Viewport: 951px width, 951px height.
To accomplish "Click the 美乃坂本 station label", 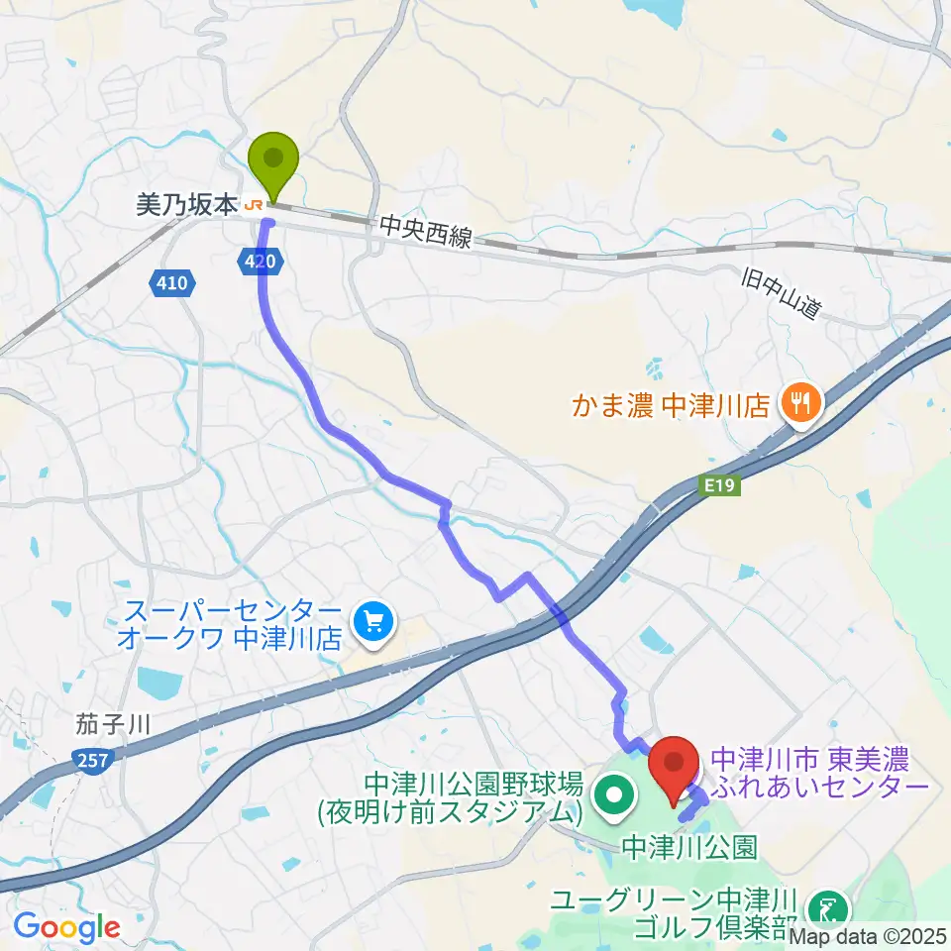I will pos(186,205).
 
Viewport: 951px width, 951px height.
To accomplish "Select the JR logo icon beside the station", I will pos(254,205).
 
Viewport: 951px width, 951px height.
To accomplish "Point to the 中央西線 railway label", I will pos(426,234).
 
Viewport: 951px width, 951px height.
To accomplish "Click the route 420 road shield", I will pos(262,262).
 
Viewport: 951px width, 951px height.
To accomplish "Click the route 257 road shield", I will pos(95,760).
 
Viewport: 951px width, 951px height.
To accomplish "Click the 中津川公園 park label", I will pos(690,847).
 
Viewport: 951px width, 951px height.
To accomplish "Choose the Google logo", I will pos(66,928).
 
